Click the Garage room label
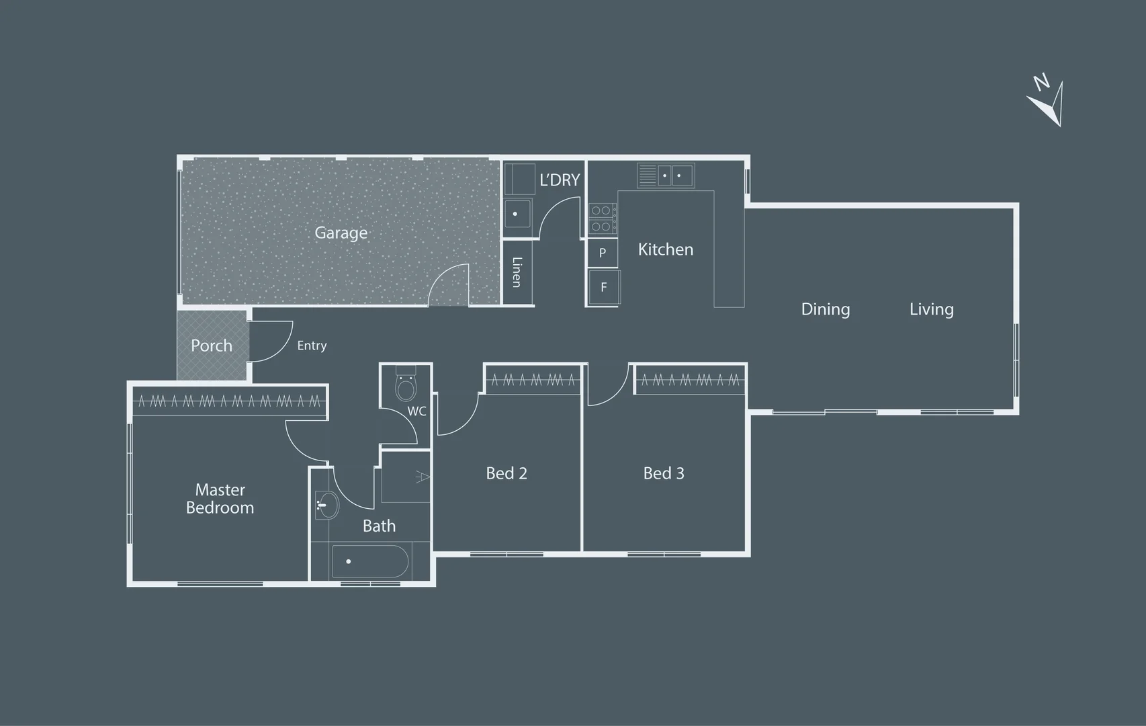pos(341,233)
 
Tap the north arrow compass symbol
pos(1047,102)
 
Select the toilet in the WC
pos(406,383)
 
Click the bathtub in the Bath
pos(370,562)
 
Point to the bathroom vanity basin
pos(326,506)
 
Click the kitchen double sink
pos(666,175)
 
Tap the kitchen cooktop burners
pos(602,218)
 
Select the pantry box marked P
pos(602,252)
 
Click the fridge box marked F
pos(604,287)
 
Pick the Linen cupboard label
pos(517,272)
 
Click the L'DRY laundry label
pos(560,179)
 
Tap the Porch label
pos(212,346)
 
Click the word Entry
pos(312,346)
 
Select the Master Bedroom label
pos(220,499)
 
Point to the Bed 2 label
pos(506,473)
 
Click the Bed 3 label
pos(664,473)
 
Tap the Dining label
pos(825,309)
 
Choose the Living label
pos(932,309)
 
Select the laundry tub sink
pos(518,214)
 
